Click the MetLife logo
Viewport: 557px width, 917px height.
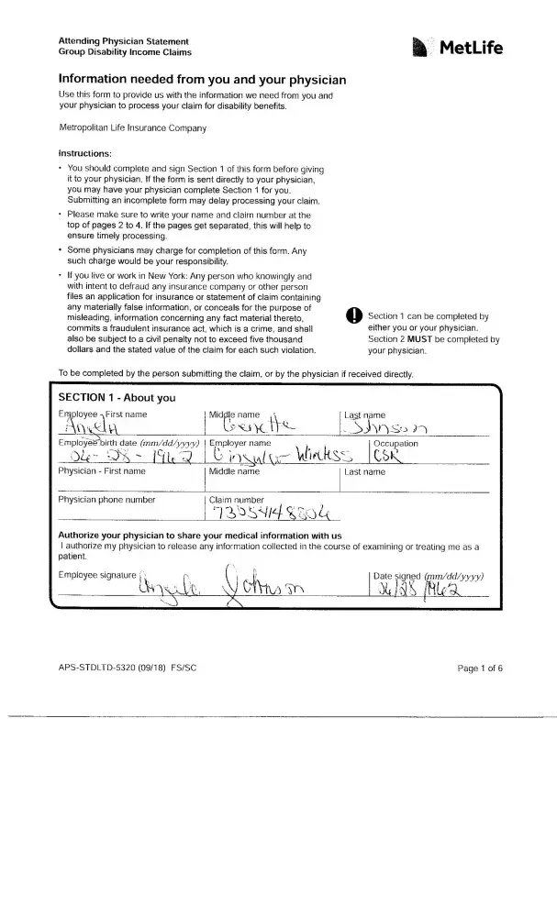pyautogui.click(x=458, y=48)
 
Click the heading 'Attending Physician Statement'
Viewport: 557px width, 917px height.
pyautogui.click(x=123, y=41)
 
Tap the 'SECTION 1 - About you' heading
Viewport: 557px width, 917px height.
pyautogui.click(x=117, y=398)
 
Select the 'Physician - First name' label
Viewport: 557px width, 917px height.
pyautogui.click(x=102, y=471)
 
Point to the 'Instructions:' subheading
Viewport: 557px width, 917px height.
pyautogui.click(x=85, y=152)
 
